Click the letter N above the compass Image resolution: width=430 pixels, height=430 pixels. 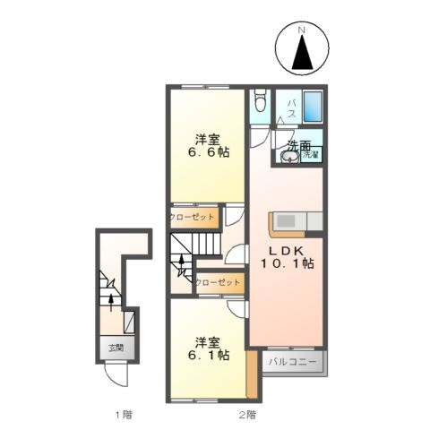pos(302,30)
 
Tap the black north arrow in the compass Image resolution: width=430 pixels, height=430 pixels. pos(302,52)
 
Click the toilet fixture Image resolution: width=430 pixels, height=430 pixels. pos(260,100)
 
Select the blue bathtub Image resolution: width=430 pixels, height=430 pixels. pos(313,107)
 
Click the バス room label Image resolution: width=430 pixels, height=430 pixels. pos(292,108)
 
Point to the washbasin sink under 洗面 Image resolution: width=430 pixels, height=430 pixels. pos(290,157)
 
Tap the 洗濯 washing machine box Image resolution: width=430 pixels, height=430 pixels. pos(311,154)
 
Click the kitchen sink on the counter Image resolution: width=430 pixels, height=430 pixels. pos(287,221)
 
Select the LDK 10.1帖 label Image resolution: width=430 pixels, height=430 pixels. pos(287,258)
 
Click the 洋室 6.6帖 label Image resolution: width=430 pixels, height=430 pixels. pos(208,146)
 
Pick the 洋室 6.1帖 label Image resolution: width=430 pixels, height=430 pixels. pos(208,348)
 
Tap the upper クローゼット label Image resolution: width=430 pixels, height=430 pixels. pos(192,217)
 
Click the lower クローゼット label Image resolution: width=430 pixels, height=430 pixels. pos(218,282)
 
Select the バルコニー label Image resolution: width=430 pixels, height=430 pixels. pos(293,363)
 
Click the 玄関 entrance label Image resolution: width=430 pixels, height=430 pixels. pos(116,348)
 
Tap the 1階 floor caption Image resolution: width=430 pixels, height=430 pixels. pos(124,415)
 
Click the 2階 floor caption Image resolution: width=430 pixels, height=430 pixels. pos(247,415)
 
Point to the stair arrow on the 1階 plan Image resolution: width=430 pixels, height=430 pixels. pos(111,303)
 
